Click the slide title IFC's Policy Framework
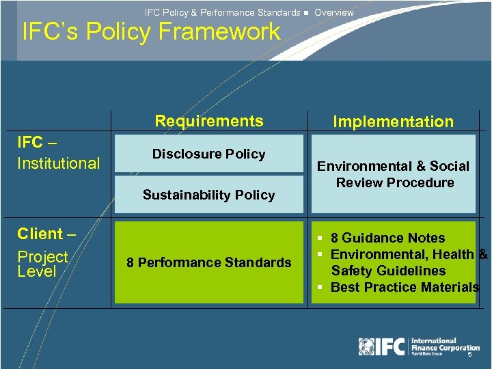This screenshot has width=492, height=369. click(x=151, y=31)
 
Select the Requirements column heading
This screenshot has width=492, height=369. click(x=208, y=121)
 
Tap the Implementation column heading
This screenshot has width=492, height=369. click(x=393, y=122)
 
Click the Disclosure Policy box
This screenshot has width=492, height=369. click(x=208, y=154)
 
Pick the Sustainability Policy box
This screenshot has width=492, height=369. click(x=208, y=195)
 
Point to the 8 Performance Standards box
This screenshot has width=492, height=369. click(x=208, y=262)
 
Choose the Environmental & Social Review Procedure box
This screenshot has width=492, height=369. click(x=393, y=174)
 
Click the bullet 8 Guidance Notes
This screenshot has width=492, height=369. click(x=387, y=238)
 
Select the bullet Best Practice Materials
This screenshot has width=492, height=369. click(x=404, y=287)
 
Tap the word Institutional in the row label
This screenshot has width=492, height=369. click(x=59, y=163)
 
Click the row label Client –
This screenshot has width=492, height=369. click(x=46, y=234)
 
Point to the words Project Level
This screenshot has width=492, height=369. click(x=42, y=264)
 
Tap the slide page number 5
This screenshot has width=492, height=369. click(x=469, y=355)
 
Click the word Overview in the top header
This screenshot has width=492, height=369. click(x=334, y=12)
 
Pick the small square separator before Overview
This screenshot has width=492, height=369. click(x=307, y=12)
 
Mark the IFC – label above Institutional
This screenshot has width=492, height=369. click(x=37, y=142)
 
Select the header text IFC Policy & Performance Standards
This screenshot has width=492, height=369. click(x=222, y=12)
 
